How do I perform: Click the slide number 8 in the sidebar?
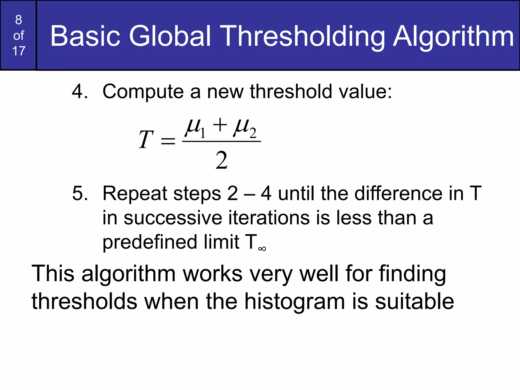click(x=19, y=20)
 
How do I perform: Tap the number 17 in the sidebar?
click(x=19, y=51)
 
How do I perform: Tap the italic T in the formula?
click(x=146, y=139)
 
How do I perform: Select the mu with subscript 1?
click(x=195, y=128)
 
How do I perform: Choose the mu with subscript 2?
click(x=245, y=128)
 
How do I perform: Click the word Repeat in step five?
click(x=135, y=194)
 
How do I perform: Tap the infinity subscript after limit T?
click(x=262, y=249)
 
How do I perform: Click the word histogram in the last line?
click(x=295, y=302)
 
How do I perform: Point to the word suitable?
click(x=414, y=301)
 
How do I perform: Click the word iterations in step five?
click(x=269, y=218)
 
